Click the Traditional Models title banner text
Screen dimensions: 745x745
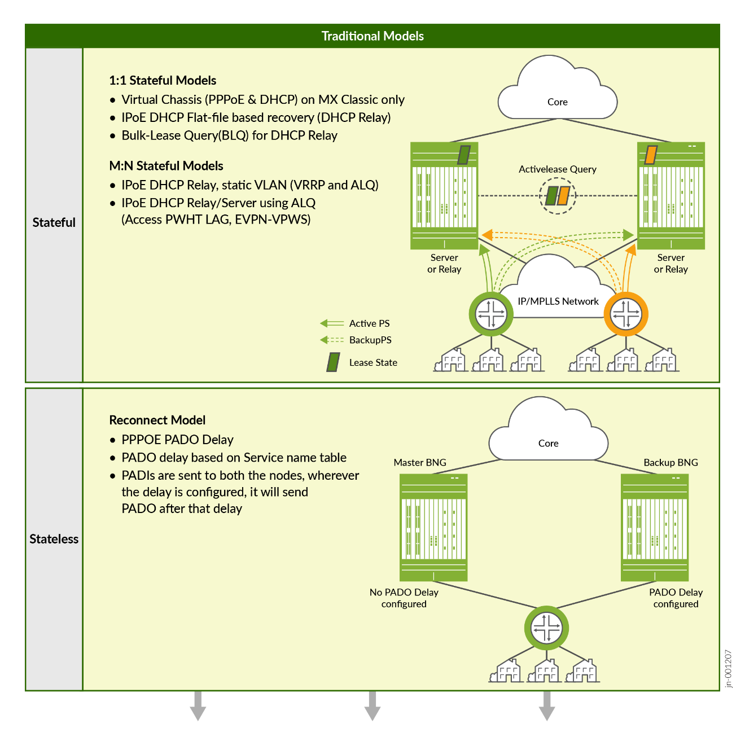(373, 36)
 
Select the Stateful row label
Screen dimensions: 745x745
(54, 222)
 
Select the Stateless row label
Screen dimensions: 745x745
(54, 539)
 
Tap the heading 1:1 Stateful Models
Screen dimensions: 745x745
(163, 80)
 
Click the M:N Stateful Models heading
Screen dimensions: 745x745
(166, 166)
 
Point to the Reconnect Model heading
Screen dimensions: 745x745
(157, 420)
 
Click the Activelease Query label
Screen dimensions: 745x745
(557, 169)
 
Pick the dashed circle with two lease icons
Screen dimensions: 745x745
(557, 196)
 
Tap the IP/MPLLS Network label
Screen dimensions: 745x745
(558, 301)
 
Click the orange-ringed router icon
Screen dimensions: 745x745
(626, 314)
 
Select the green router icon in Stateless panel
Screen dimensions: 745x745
(546, 628)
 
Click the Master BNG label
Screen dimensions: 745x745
(420, 463)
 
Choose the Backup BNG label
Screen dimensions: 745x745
(671, 463)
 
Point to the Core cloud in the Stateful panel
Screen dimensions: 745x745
(558, 93)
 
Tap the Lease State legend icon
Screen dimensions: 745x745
(334, 362)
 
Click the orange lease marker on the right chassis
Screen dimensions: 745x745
(651, 154)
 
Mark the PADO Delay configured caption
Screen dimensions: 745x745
(676, 598)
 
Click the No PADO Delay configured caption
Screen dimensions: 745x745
(404, 598)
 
